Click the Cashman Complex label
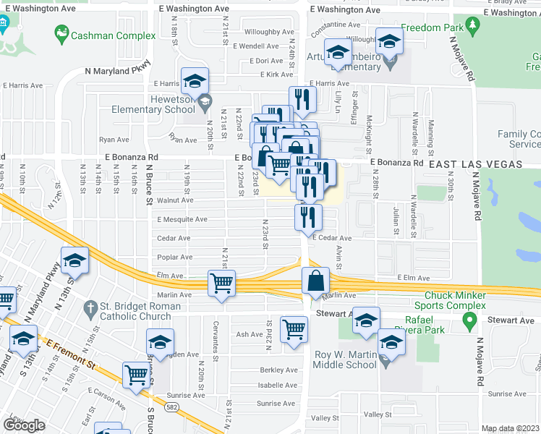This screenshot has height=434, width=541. coord(114,35)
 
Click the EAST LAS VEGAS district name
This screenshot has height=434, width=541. coord(475,165)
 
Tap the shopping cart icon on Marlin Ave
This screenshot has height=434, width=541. coord(222,283)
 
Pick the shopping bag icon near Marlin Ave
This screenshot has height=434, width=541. coord(315,281)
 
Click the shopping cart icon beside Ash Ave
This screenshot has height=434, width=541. coord(294,331)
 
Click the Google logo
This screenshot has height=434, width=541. coord(24,425)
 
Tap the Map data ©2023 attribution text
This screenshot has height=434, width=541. coord(510,428)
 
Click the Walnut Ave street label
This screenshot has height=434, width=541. coord(175,200)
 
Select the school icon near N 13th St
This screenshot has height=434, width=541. coord(74,261)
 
